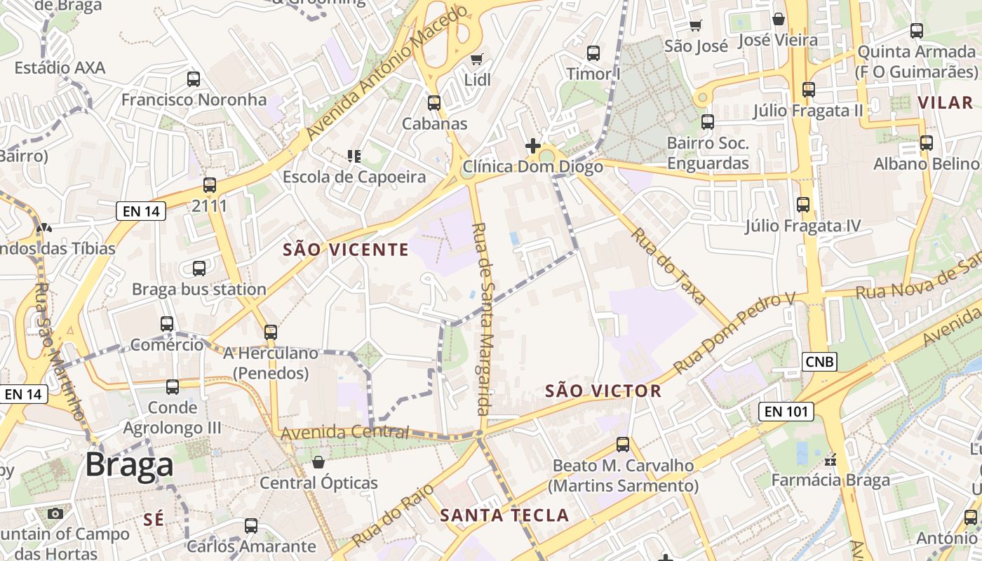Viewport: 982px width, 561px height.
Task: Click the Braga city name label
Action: pyautogui.click(x=130, y=465)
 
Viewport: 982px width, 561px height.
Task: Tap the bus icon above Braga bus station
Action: pyautogui.click(x=199, y=269)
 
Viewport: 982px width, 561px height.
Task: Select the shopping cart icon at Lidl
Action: pyautogui.click(x=477, y=60)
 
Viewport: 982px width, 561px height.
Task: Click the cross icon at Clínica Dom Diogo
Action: pyautogui.click(x=533, y=146)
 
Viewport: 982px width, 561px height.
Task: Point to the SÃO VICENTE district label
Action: pyautogui.click(x=346, y=250)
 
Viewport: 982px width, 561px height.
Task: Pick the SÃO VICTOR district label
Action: pyautogui.click(x=603, y=391)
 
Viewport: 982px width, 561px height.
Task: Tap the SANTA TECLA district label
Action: pyautogui.click(x=504, y=515)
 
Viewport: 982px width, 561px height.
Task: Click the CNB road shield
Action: pyautogui.click(x=819, y=361)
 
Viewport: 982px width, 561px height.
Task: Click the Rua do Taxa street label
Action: pyautogui.click(x=668, y=266)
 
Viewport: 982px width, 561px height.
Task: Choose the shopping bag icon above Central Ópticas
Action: pyautogui.click(x=318, y=462)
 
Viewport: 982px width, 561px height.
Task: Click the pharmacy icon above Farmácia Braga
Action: pyautogui.click(x=830, y=461)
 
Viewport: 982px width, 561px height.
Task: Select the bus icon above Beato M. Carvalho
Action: pyautogui.click(x=623, y=445)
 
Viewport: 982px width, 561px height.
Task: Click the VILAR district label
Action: pyautogui.click(x=946, y=102)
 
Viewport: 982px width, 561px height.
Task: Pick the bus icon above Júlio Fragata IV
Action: pyautogui.click(x=803, y=205)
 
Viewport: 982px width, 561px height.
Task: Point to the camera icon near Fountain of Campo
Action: pyautogui.click(x=55, y=513)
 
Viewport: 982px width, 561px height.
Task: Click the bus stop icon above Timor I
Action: pyautogui.click(x=593, y=53)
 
